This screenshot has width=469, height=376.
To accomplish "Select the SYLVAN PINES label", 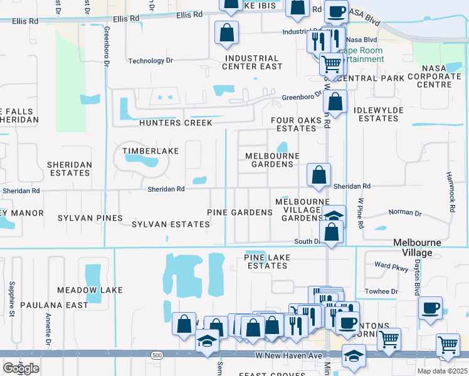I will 90,218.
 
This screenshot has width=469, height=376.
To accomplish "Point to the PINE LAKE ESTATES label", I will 266,261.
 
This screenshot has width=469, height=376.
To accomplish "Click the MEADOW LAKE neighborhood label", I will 90,290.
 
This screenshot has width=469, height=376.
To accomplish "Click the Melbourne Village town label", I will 417,248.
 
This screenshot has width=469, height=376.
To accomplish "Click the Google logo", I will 21,368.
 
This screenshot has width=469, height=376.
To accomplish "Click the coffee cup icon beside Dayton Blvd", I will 431,308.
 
